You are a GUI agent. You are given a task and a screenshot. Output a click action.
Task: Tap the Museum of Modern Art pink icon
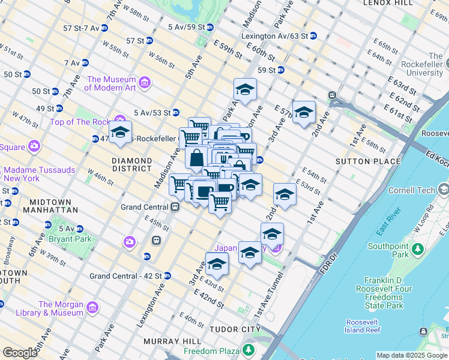[x=144, y=82]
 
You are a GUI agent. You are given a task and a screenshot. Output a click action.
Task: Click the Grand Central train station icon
[x=175, y=207]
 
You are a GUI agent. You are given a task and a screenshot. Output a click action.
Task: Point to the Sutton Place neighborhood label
[x=367, y=161]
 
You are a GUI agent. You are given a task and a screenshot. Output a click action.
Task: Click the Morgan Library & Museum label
[x=61, y=308]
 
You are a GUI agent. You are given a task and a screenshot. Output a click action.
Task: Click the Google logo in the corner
[x=20, y=353]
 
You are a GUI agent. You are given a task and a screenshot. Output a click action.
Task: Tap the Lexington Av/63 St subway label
[x=274, y=36]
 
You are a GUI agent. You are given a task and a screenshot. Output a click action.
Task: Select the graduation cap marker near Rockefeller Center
[x=120, y=133]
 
